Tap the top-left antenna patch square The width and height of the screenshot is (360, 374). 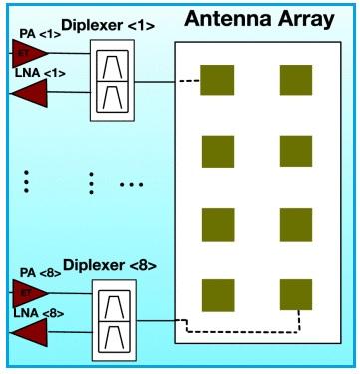coord(217,80)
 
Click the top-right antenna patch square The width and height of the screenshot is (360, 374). coord(296,80)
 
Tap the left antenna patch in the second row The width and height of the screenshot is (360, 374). coord(217,152)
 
